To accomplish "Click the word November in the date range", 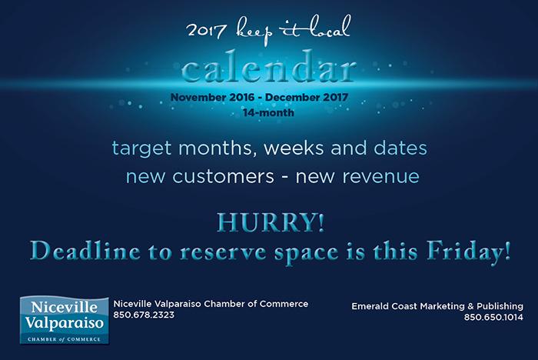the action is pos(198,97).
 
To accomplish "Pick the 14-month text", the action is pos(269,112).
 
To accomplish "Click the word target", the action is pos(141,148).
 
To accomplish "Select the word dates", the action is pos(400,148).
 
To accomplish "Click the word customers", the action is pos(223,177).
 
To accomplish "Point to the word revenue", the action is pos(381,177).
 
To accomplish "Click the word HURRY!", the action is pos(271,223).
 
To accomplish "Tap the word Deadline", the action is pos(85,251).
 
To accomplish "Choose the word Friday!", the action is pos(469,252).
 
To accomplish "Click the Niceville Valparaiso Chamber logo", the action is pos(64,320).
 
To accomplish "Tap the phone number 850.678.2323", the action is pos(144,315).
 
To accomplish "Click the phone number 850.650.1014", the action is pos(493,317).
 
